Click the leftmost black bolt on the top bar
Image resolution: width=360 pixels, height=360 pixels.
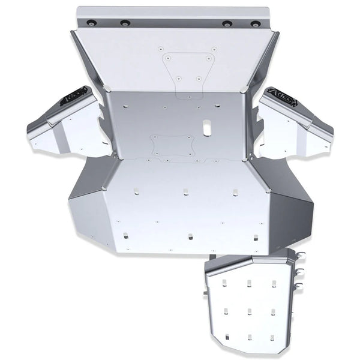(x=91, y=22)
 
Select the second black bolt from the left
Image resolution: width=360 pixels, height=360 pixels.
(x=125, y=24)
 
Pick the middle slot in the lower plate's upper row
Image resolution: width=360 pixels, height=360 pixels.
(x=185, y=193)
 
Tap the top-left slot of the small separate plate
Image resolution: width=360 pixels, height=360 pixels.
(x=226, y=284)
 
